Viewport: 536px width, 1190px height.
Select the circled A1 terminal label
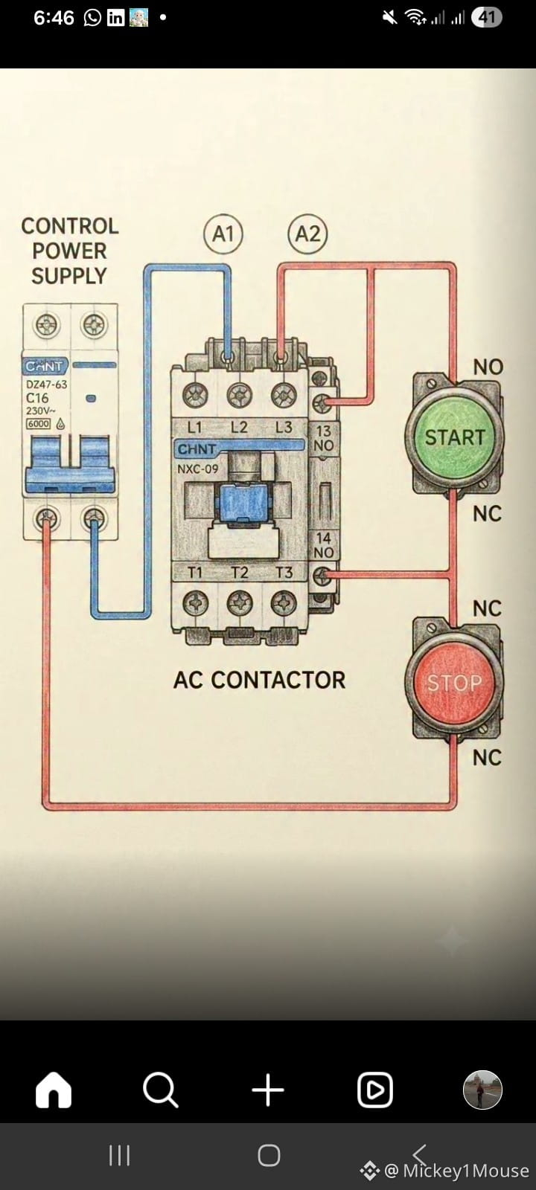click(x=223, y=234)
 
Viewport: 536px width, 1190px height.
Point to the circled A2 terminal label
click(x=307, y=234)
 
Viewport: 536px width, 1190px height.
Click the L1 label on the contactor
click(x=194, y=427)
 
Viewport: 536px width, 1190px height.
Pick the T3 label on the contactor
click(x=284, y=573)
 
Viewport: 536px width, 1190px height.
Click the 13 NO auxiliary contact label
click(x=323, y=438)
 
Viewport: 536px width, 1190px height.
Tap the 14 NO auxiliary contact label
click(x=323, y=546)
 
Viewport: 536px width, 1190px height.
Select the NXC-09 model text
click(x=198, y=469)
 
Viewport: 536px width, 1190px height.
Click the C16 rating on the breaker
click(x=37, y=398)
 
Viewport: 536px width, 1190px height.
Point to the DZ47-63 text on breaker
click(x=47, y=384)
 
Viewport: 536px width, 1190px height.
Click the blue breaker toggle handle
click(x=69, y=464)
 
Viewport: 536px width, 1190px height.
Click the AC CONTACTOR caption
click(x=260, y=680)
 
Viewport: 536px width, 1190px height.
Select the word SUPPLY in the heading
click(x=69, y=276)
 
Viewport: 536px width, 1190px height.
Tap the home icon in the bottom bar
click(x=53, y=1090)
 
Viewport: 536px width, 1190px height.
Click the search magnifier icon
click(x=161, y=1090)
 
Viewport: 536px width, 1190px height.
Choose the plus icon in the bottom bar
click(x=268, y=1090)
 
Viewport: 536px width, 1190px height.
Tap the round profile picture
click(x=482, y=1090)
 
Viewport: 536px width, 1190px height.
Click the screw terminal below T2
click(x=239, y=603)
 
